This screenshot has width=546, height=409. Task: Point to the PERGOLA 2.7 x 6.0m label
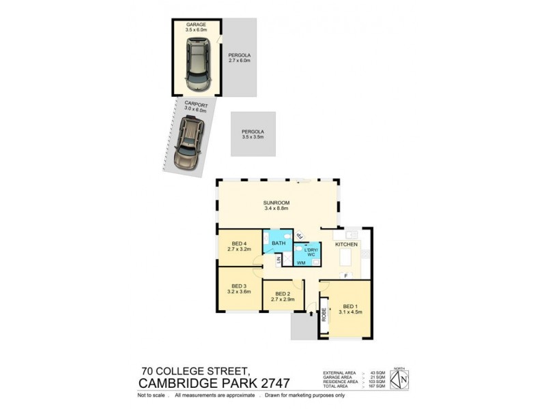coord(240,58)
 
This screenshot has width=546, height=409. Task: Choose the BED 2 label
coord(282,295)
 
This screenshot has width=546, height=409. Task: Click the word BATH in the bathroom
coord(278,243)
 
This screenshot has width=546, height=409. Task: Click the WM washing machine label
coord(301,262)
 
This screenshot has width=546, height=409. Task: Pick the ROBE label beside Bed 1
coord(324,314)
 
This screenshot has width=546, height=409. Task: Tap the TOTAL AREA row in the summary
coord(354,387)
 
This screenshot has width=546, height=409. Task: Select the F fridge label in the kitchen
coord(346,275)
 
